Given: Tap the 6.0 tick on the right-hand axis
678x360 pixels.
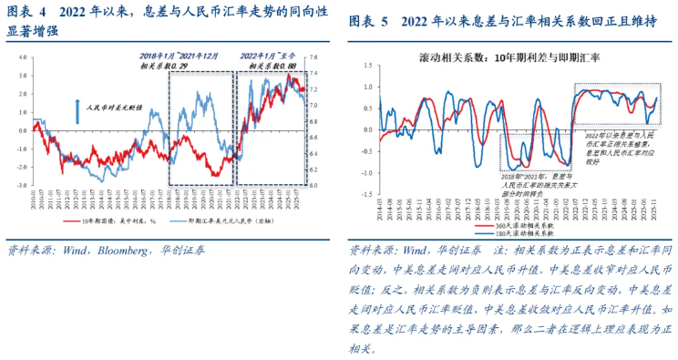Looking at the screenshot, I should coord(314,185).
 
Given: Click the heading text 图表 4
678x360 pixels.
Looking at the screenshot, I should coord(27,14).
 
